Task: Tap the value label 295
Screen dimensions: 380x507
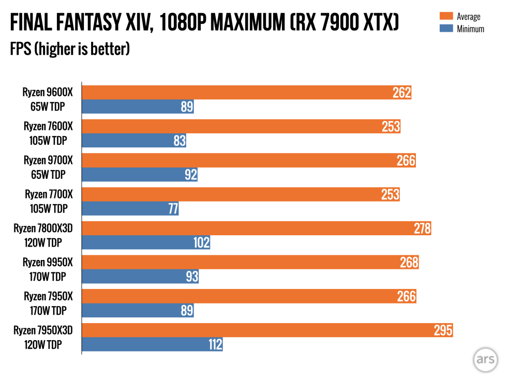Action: coord(443,330)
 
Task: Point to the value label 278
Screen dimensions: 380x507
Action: coord(422,229)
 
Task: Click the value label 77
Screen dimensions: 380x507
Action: coord(173,209)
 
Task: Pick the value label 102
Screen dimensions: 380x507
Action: coord(200,243)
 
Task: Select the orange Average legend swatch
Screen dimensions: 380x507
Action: coord(445,17)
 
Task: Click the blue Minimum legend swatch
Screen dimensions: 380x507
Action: coord(445,28)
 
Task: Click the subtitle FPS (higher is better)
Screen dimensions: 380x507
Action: coord(69,50)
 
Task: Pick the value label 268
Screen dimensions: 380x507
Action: coord(409,263)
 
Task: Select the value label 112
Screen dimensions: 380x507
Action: coord(215,344)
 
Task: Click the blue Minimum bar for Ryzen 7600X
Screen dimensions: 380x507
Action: coord(134,141)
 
